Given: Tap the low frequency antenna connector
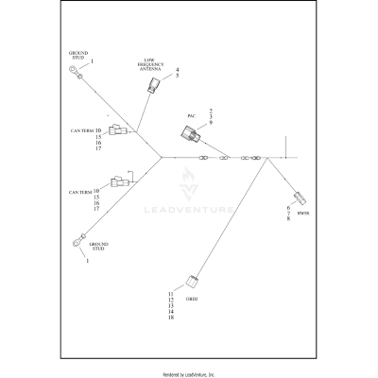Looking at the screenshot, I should coord(154,87).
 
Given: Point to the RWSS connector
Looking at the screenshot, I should coord(301,199).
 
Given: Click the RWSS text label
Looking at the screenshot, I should coord(302,214).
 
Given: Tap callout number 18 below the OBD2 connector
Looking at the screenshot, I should coord(172,318).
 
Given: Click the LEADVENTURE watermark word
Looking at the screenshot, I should coord(189,210).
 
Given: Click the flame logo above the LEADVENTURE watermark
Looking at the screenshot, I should coord(188,181).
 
